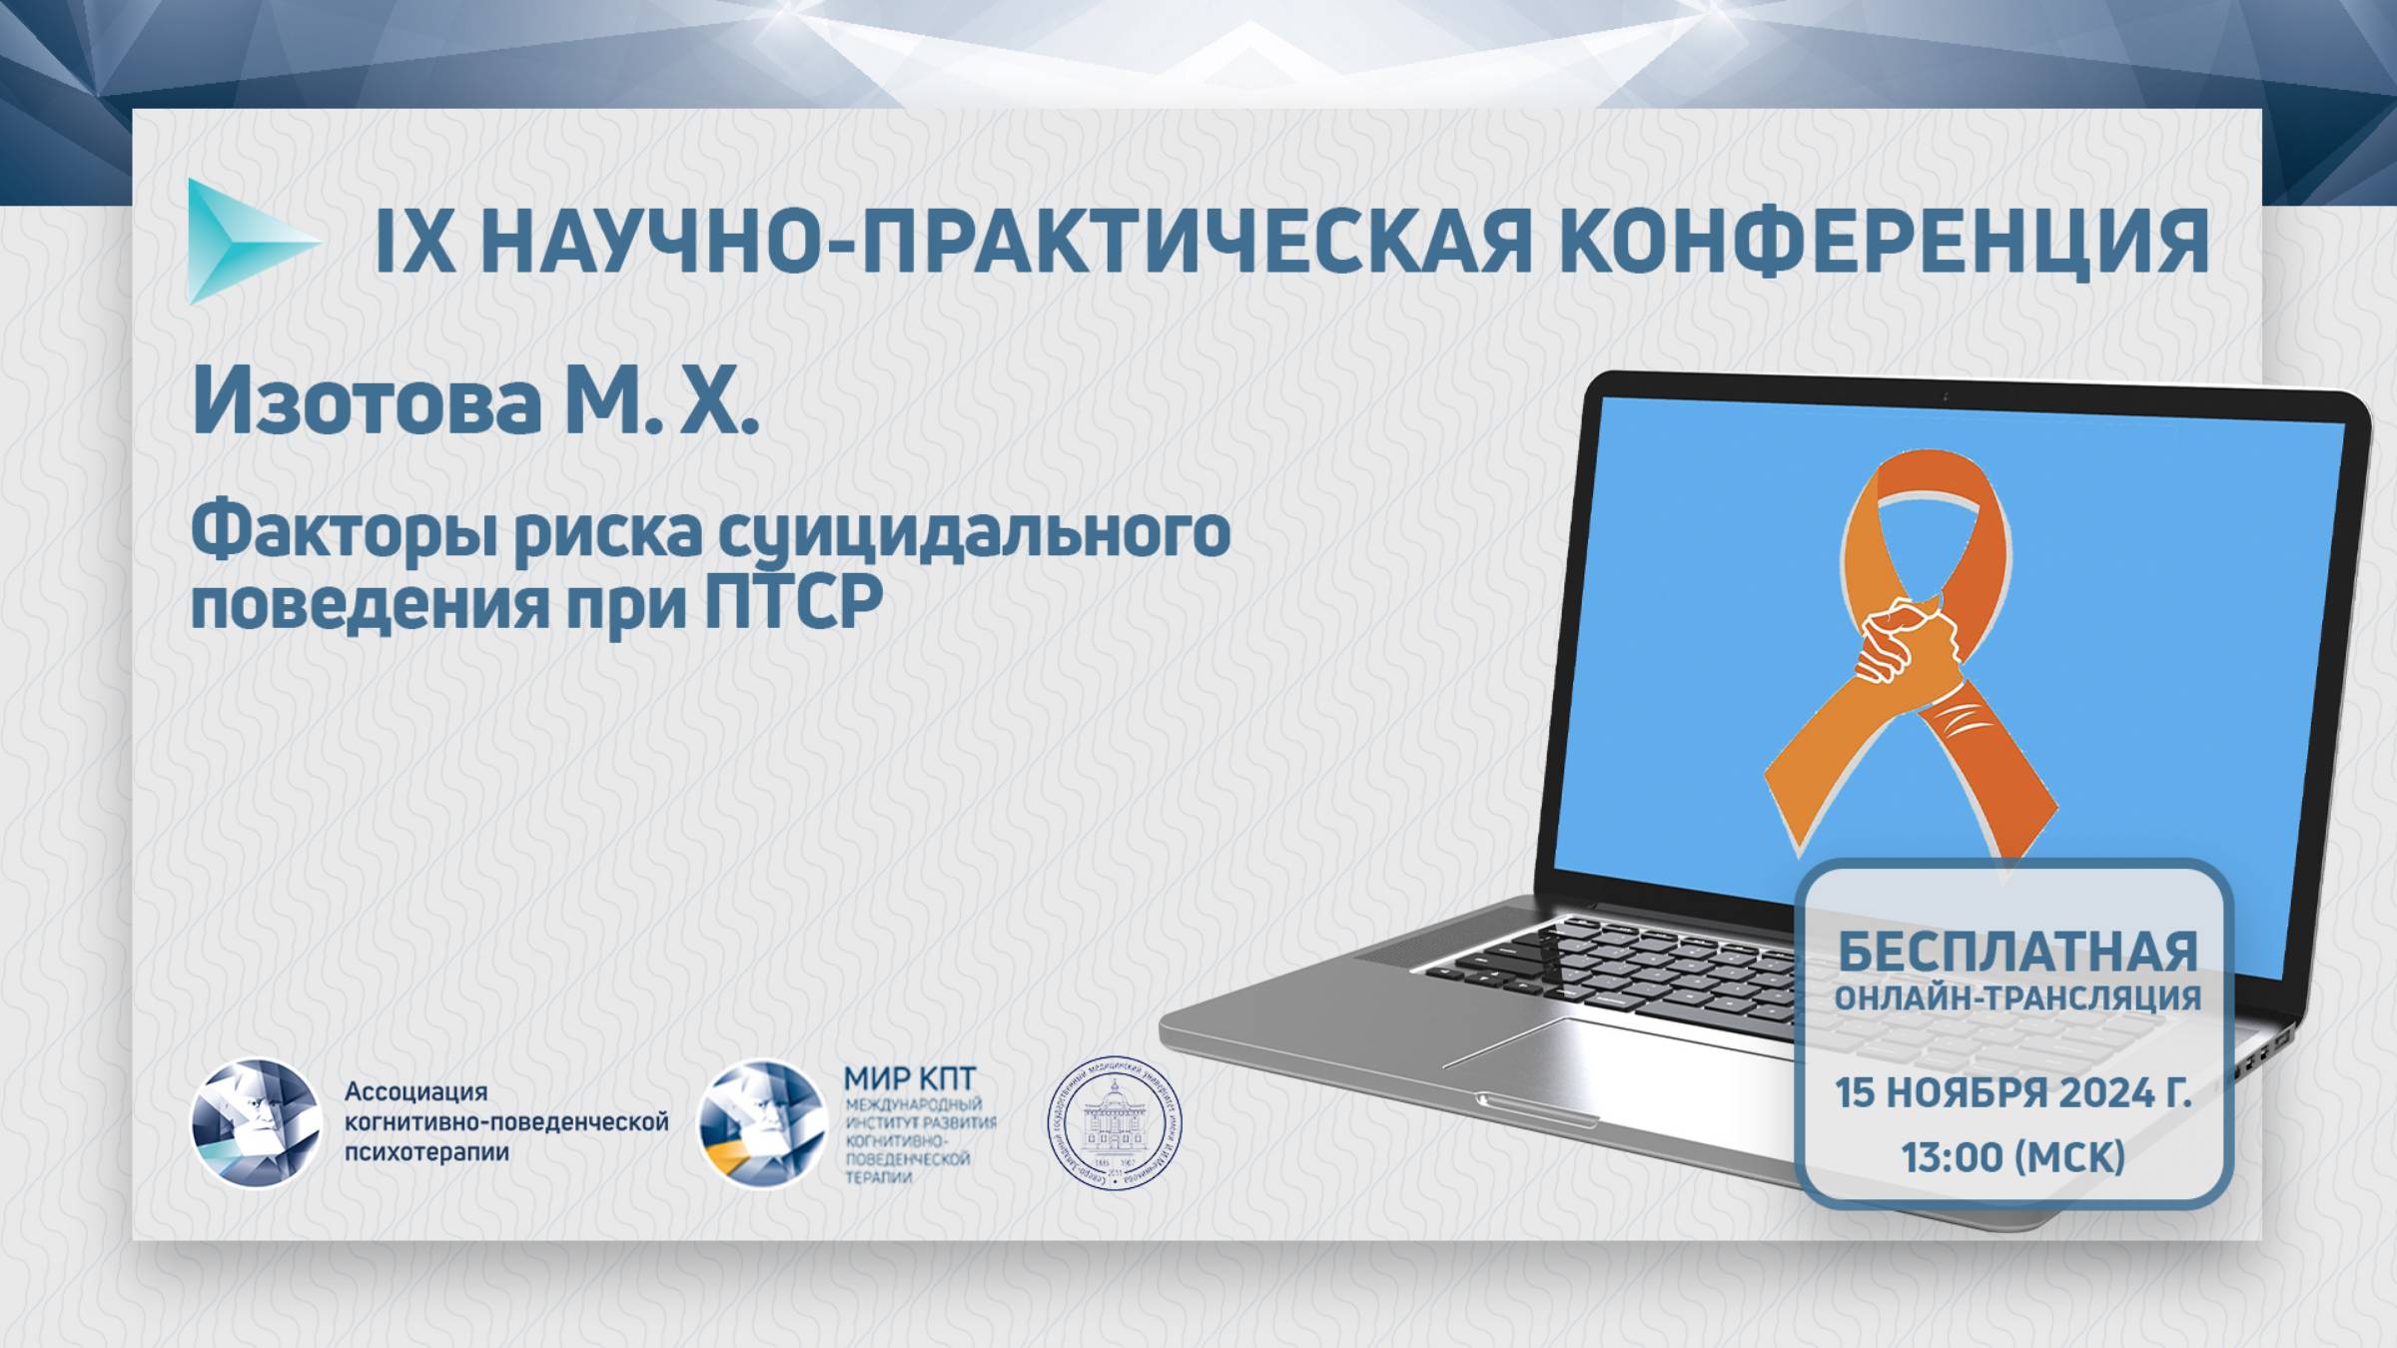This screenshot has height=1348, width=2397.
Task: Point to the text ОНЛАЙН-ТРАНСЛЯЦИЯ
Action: [x=2017, y=998]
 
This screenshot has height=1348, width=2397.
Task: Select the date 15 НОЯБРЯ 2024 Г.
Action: [x=2013, y=1093]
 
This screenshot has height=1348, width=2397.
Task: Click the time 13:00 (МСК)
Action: [x=2013, y=1157]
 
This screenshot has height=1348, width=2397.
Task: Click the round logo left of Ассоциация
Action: [x=256, y=1123]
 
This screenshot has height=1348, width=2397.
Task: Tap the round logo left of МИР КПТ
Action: [x=762, y=1123]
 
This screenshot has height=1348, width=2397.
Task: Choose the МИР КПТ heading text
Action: [x=909, y=1078]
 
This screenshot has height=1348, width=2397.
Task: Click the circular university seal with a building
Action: [x=1114, y=1123]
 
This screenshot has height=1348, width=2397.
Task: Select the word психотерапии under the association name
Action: [x=426, y=1152]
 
